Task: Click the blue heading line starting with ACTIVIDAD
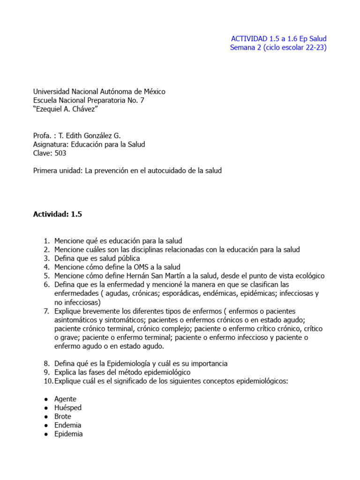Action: tap(279, 38)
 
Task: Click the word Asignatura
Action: tap(51, 144)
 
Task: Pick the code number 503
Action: tap(60, 153)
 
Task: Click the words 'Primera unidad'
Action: tap(56, 171)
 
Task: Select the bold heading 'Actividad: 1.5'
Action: tap(57, 214)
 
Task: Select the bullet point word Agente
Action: tap(65, 399)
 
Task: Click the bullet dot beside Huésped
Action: tap(45, 408)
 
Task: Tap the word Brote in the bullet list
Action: tap(63, 416)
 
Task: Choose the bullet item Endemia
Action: tap(67, 425)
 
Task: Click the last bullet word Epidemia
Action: tap(68, 434)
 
